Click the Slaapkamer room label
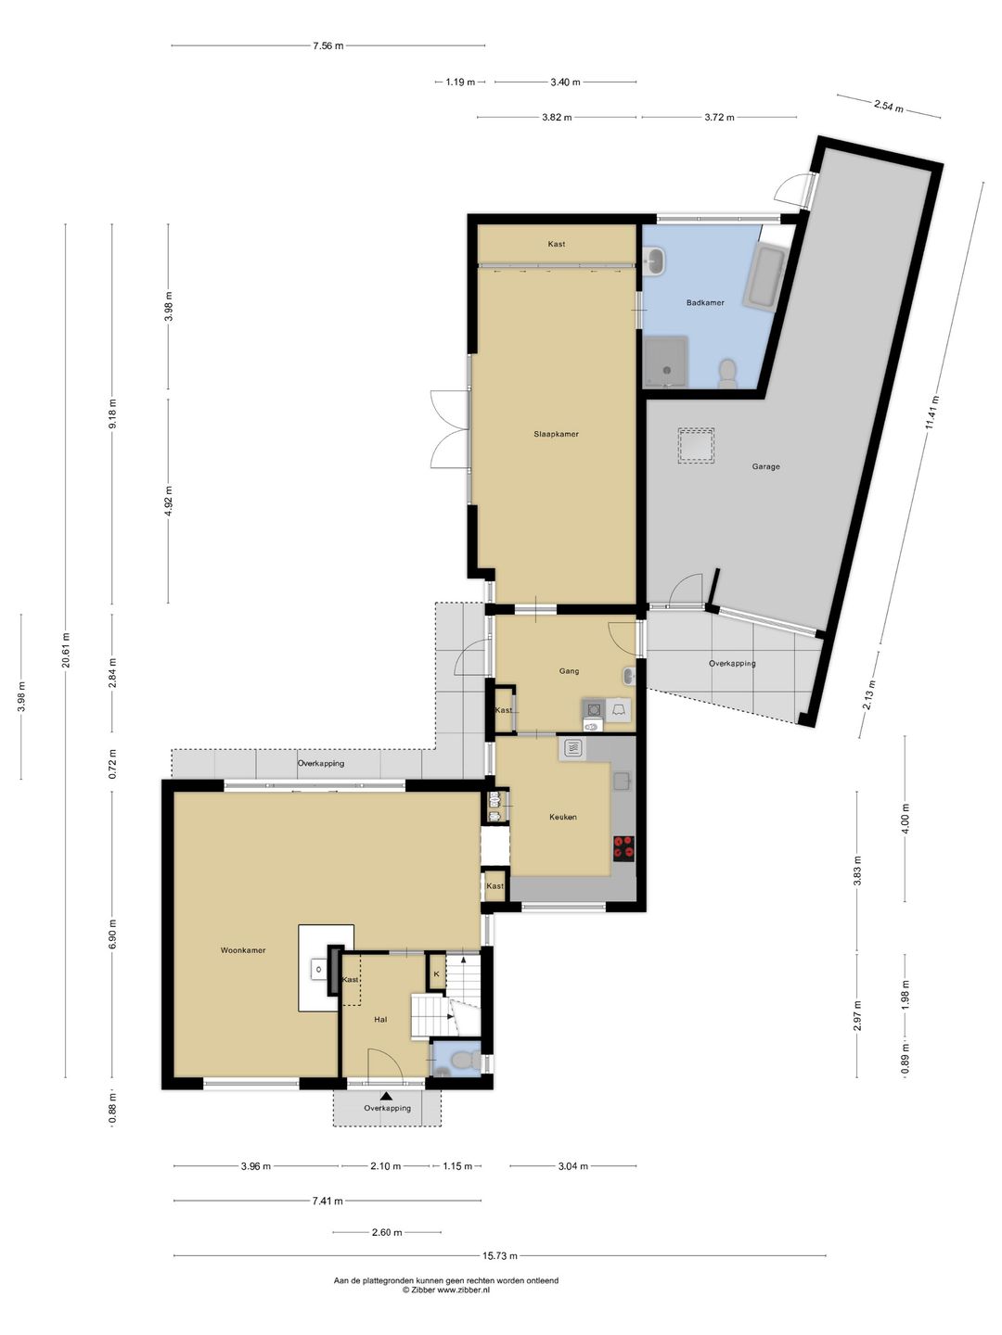[556, 434]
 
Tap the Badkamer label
[705, 302]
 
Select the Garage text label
[765, 466]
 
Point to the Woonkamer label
[243, 950]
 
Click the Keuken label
[563, 817]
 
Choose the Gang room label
[569, 671]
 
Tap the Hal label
[380, 1020]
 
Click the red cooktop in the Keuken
[623, 848]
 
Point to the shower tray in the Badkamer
[665, 362]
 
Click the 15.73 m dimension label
[500, 1255]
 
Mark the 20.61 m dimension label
[66, 650]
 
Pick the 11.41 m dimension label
[932, 413]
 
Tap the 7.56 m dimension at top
[328, 45]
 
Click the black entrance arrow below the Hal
[386, 1096]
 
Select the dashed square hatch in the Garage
[696, 446]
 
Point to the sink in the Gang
[629, 675]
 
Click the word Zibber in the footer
[423, 1289]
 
